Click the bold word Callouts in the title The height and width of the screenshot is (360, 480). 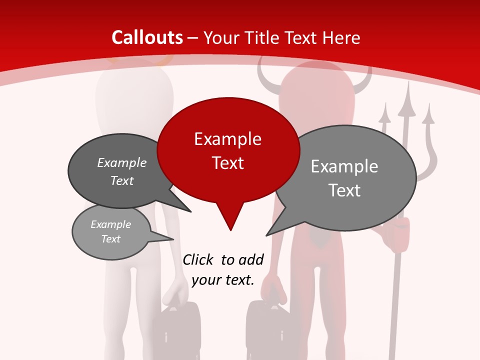click(x=147, y=37)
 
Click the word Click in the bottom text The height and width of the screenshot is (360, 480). click(x=198, y=259)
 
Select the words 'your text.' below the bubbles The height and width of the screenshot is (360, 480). click(x=223, y=280)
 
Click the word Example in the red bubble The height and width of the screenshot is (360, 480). click(x=227, y=139)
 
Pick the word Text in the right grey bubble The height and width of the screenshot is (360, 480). click(x=344, y=190)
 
